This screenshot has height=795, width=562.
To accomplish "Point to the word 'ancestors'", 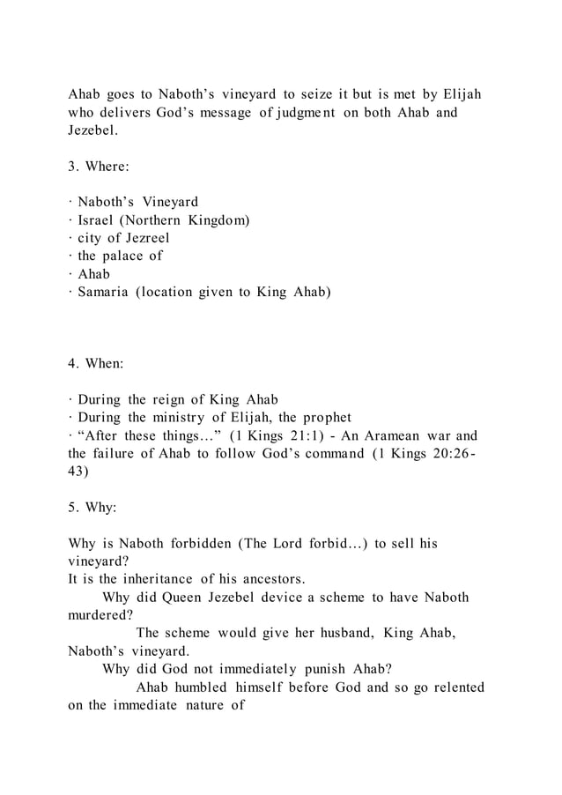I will point(273,579).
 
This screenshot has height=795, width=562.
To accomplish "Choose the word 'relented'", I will point(454,687).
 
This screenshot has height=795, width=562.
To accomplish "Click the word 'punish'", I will point(317,669).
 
